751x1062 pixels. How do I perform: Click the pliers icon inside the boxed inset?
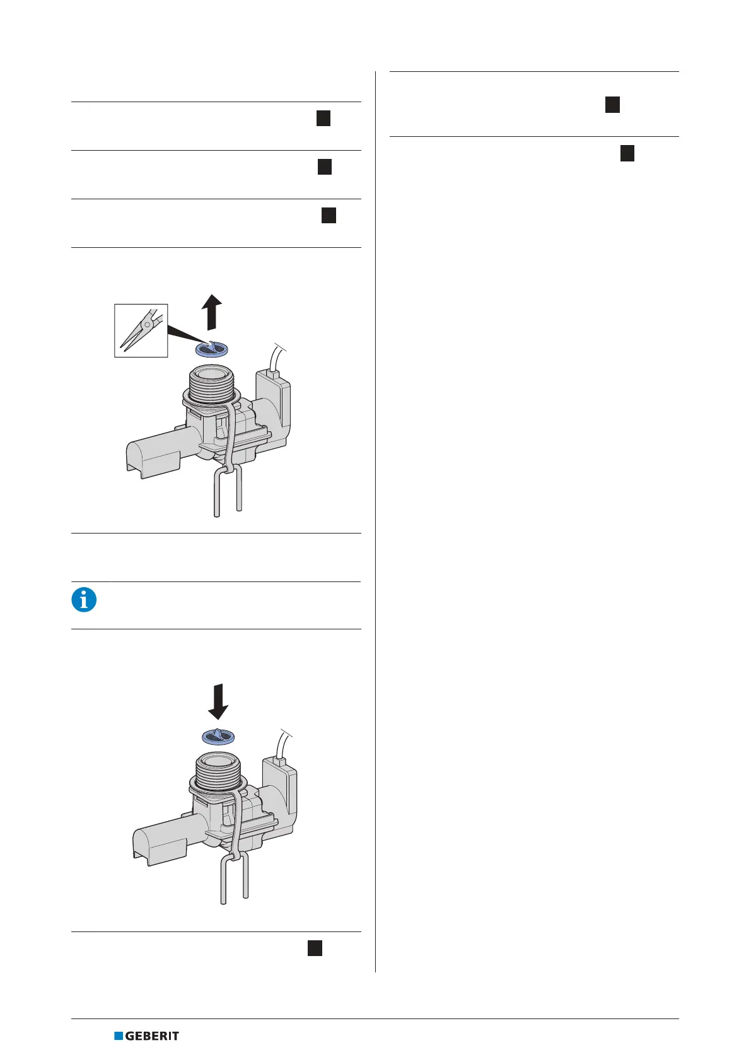coord(141,330)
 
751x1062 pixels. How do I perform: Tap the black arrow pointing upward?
coord(212,312)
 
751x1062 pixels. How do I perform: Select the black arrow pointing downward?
coord(218,701)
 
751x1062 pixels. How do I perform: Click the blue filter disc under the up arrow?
coord(213,349)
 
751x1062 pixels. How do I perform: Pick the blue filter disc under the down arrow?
coord(218,737)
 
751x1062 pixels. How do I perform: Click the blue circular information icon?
coord(84,599)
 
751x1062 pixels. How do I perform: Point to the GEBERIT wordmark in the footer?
coord(152,1036)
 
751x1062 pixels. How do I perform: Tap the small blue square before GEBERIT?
coord(118,1036)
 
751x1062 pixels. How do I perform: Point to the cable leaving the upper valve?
coord(276,356)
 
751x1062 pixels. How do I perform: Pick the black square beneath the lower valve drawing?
coord(315,948)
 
